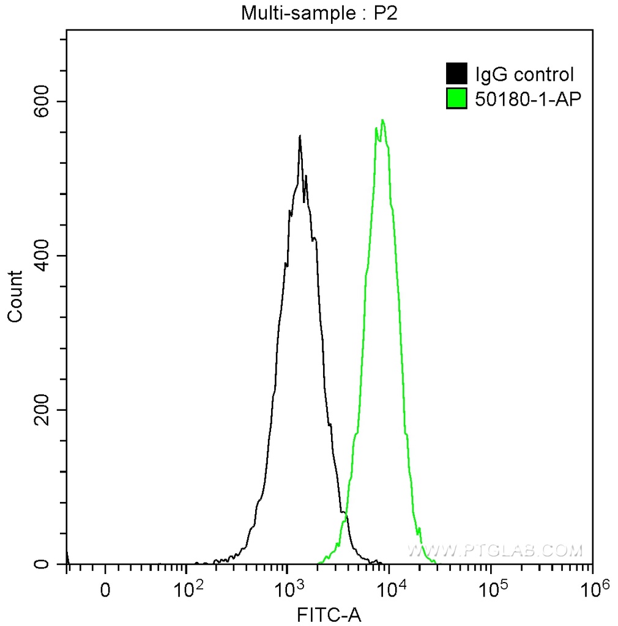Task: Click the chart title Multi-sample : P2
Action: click(319, 13)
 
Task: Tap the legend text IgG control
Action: click(524, 75)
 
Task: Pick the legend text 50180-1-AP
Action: click(526, 98)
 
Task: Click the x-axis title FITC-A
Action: click(329, 614)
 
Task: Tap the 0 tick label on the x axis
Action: click(105, 591)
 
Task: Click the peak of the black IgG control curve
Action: click(300, 136)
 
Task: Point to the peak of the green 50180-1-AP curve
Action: click(382, 120)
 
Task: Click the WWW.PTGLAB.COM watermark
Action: click(494, 551)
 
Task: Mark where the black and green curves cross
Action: click(345, 515)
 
